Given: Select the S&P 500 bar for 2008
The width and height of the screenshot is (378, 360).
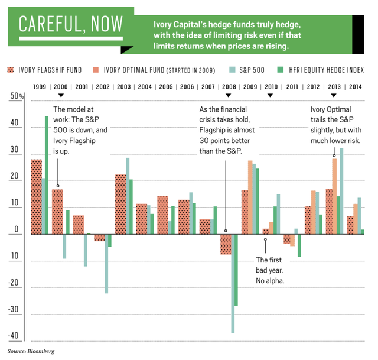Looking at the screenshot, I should (233, 284).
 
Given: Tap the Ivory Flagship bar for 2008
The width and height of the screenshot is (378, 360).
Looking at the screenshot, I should (226, 244).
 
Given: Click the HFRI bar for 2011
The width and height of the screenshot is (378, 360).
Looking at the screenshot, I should (299, 245).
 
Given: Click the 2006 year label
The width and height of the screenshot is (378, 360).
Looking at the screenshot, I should (187, 86).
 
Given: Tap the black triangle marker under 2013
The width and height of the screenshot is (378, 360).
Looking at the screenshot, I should (335, 95).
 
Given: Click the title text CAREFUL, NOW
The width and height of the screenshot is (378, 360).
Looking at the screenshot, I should (71, 24).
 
